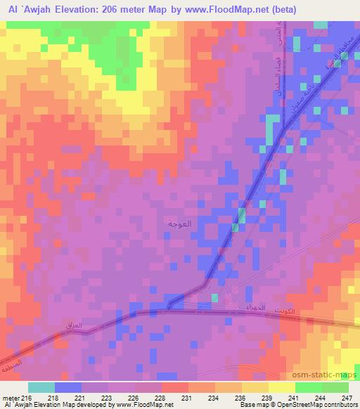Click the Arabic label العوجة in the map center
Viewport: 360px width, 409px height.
(180, 223)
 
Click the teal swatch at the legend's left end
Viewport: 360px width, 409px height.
(41, 387)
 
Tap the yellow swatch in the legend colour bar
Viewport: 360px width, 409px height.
(281, 387)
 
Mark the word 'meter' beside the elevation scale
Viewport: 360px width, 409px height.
(11, 398)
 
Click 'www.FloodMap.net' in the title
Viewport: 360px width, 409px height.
(221, 9)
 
